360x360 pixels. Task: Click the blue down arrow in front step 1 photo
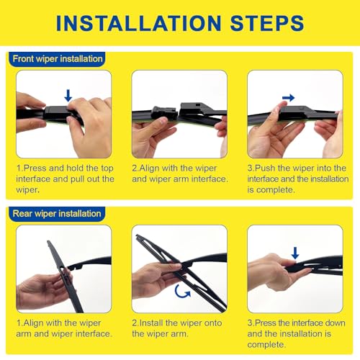coord(68,94)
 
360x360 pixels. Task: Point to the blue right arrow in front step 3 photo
coord(288,97)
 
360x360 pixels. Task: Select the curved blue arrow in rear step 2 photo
coord(184,292)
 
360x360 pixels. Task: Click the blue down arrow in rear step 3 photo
coord(294,253)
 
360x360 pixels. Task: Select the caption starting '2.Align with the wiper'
coord(179,174)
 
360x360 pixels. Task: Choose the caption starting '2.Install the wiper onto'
coord(179,328)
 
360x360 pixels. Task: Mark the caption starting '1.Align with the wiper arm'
coord(64,328)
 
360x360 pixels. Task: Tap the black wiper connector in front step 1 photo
coord(58,112)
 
